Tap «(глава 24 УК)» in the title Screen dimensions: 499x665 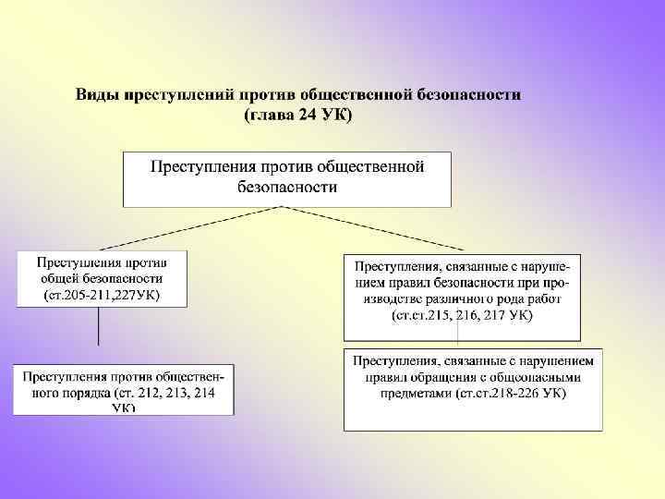(x=297, y=115)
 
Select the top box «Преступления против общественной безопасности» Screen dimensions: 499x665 (x=287, y=177)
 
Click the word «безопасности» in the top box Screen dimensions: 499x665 (x=287, y=187)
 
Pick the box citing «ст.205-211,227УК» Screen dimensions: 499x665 (x=101, y=277)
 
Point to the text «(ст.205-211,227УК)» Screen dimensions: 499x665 (x=102, y=296)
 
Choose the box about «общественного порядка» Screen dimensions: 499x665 (x=123, y=389)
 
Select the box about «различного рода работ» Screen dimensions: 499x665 (x=462, y=294)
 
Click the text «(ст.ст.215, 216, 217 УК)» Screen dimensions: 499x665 (x=462, y=316)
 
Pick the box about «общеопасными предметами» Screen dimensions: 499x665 (x=473, y=388)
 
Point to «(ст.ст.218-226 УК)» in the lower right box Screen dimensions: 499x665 (x=511, y=394)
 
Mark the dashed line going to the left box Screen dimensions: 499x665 (x=185, y=227)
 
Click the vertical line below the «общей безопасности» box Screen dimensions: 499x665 (x=99, y=325)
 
